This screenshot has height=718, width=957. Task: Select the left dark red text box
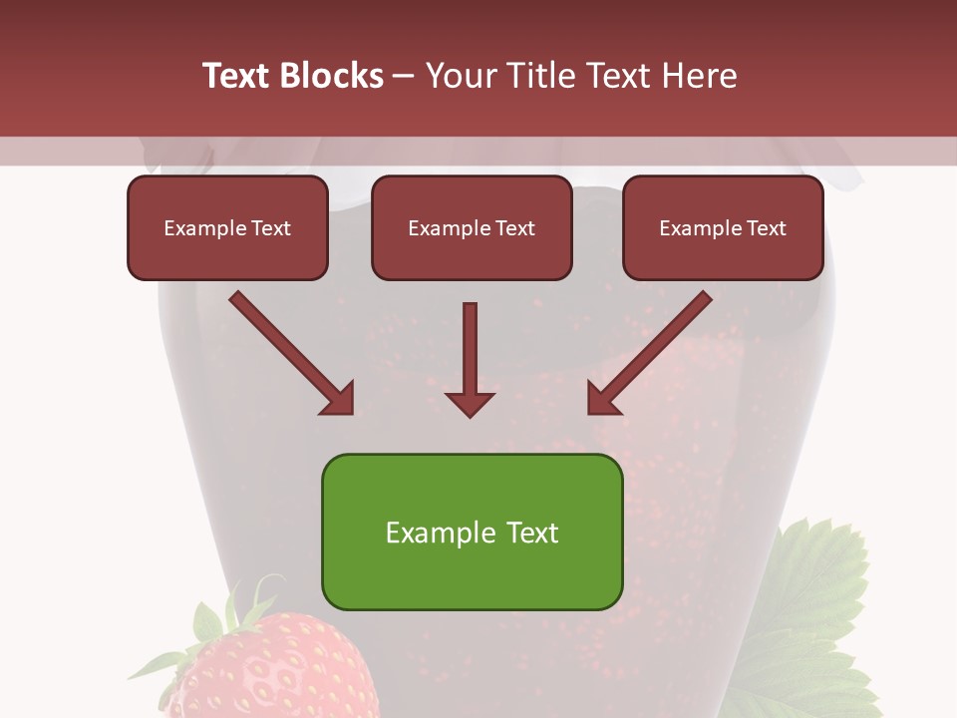(x=227, y=227)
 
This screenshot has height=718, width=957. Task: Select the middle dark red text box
(x=472, y=227)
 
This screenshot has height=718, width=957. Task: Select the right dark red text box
(x=723, y=227)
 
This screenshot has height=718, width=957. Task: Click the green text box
(x=472, y=532)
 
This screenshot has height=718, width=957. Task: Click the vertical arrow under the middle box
(x=470, y=349)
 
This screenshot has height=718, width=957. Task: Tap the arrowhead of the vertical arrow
(x=470, y=403)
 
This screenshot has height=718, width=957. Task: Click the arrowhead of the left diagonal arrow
(x=339, y=399)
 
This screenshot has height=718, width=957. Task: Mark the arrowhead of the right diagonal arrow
(x=603, y=399)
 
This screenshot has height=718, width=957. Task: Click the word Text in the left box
(x=270, y=228)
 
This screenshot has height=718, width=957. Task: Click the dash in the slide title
(x=405, y=76)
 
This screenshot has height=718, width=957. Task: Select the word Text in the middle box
(x=514, y=228)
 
